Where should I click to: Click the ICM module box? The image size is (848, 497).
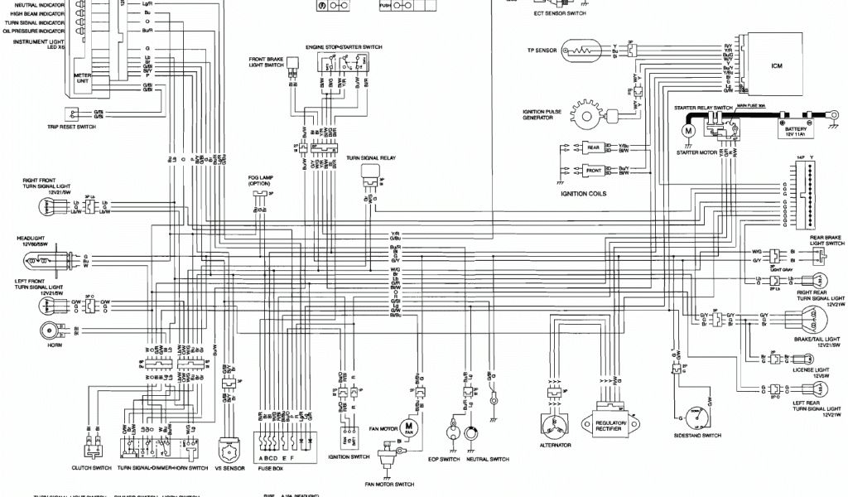pos(775,65)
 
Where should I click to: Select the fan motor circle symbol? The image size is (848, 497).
pos(408,426)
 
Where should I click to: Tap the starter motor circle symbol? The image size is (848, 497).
pos(687,130)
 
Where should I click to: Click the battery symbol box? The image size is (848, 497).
pos(795,128)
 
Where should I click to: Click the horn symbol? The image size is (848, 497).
pos(48,331)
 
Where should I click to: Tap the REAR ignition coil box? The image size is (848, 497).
pos(594,148)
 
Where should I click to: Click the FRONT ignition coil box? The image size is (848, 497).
pos(594,170)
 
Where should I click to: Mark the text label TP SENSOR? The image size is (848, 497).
pos(542,50)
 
